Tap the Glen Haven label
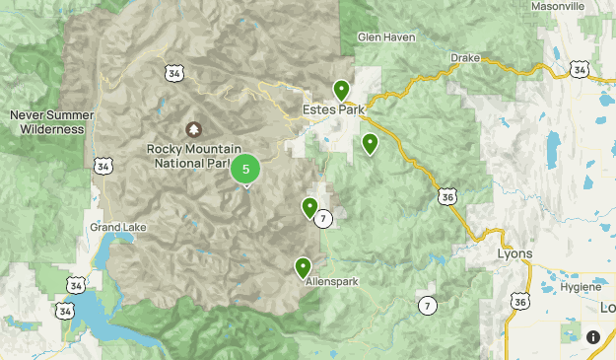381,37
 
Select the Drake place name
465,58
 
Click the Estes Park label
332,109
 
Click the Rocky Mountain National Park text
187,156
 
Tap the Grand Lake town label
118,227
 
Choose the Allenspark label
330,281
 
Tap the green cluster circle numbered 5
245,169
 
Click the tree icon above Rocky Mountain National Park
192,130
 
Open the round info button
593,336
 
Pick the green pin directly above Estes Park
341,90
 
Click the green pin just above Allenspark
303,266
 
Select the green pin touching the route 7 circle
310,207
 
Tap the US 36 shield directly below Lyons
520,301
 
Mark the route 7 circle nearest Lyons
426,305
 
